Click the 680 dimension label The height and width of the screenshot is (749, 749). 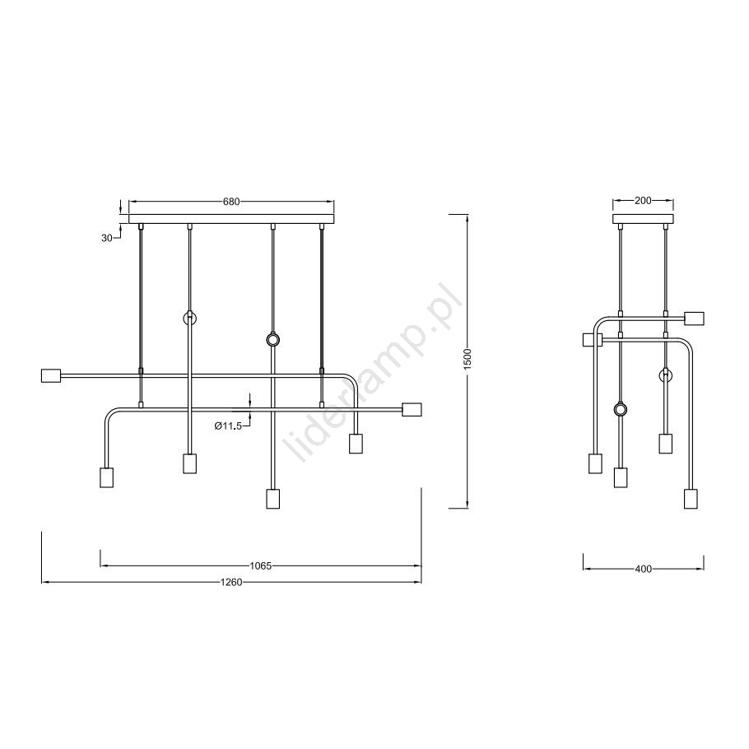[231, 202]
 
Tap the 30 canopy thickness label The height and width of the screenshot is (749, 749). [106, 237]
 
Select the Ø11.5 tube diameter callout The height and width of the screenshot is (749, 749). [228, 426]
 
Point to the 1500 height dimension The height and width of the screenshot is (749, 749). [468, 358]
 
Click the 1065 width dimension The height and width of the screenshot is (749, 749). [260, 566]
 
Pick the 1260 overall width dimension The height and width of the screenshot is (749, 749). [231, 582]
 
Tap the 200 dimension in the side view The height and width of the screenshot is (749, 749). [643, 201]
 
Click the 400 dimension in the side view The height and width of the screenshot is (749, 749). [644, 569]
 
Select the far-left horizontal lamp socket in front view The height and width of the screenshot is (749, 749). [52, 375]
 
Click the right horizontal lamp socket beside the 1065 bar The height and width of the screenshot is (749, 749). [412, 410]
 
